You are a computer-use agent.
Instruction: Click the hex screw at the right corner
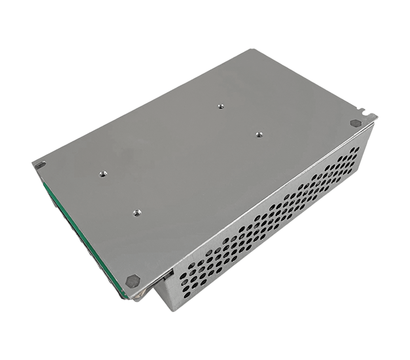pos(355,123)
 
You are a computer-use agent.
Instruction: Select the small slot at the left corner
pos(39,164)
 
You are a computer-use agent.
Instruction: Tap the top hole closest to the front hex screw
pos(137,211)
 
